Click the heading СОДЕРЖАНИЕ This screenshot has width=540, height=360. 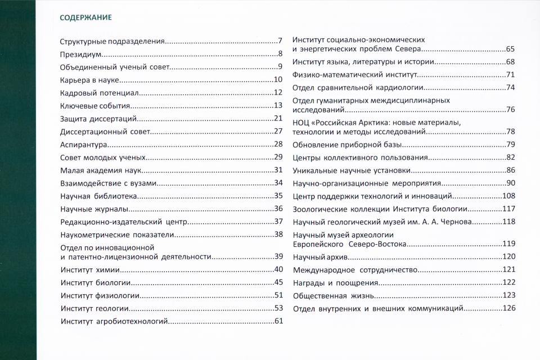click(85, 17)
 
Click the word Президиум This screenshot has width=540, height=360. click(82, 55)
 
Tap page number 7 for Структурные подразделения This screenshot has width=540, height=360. click(279, 42)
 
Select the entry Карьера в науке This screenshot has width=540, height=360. click(88, 80)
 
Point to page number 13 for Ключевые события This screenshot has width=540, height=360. click(277, 106)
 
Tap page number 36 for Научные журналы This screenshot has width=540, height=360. click(277, 209)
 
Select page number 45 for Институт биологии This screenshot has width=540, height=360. click(277, 283)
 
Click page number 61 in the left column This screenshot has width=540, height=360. click(277, 322)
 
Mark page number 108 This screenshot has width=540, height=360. click(508, 196)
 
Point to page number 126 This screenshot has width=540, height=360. click(508, 308)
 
